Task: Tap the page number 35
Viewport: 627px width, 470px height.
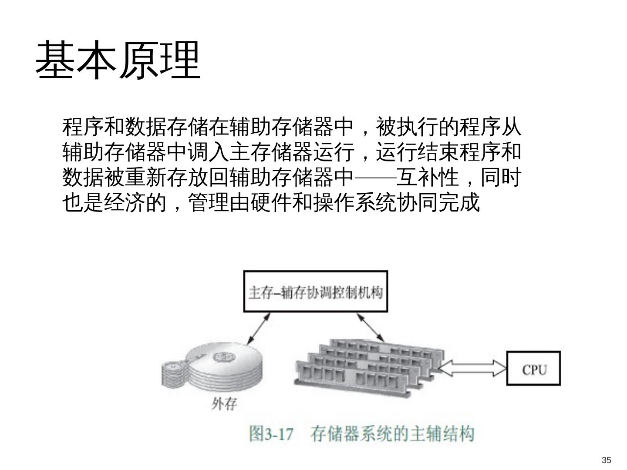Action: click(x=606, y=460)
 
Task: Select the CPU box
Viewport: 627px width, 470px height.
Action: click(x=533, y=369)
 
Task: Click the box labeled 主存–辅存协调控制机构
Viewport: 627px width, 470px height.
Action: click(x=315, y=292)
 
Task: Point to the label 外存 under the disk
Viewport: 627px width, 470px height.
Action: click(x=224, y=404)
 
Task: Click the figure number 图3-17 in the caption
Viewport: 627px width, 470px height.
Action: click(x=271, y=434)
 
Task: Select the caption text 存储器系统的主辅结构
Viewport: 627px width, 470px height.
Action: click(x=392, y=434)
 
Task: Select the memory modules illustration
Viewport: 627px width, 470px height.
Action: click(x=366, y=368)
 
